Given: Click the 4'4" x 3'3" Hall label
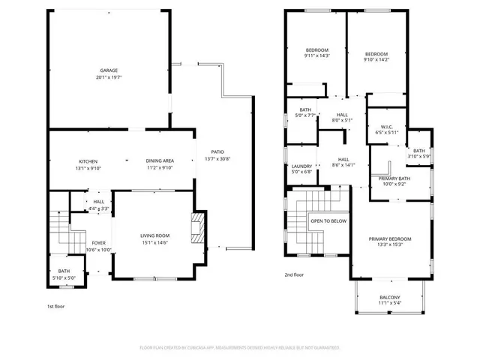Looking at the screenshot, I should point(99,205).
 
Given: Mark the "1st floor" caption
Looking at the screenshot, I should point(56,307).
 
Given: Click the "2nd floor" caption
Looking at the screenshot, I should point(294,275).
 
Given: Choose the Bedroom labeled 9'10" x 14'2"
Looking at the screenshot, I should point(376,57).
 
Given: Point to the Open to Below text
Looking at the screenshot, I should point(328,221).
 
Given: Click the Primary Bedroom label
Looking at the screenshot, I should point(390,242).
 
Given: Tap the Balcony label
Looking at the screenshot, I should point(389,300).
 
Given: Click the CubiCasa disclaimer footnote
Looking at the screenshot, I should point(240,348).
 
